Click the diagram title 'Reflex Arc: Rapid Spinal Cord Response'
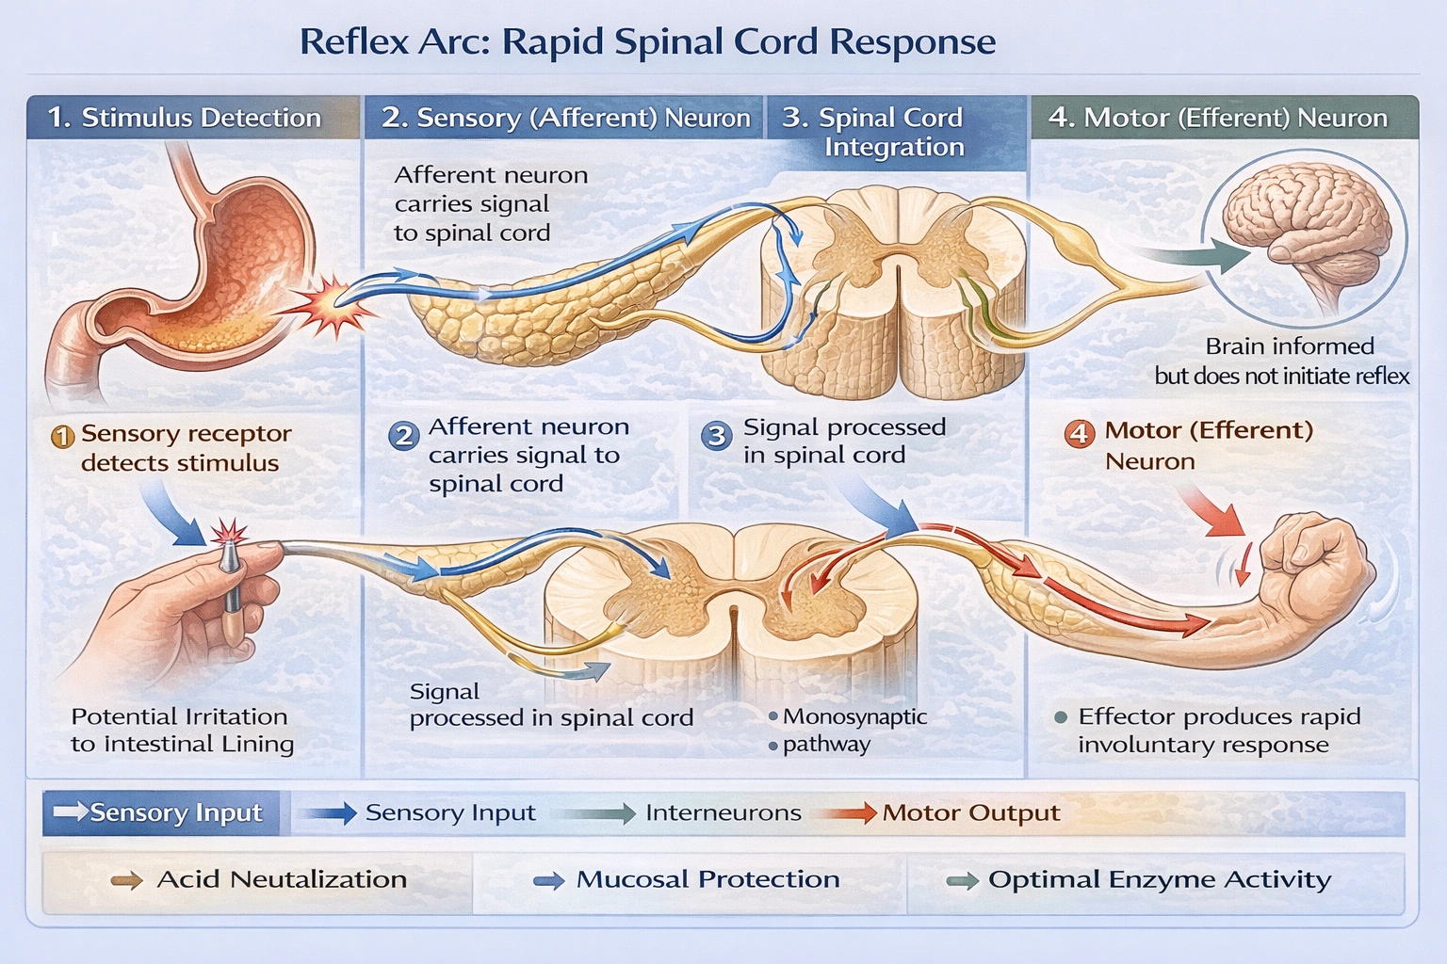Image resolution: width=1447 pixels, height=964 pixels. (647, 42)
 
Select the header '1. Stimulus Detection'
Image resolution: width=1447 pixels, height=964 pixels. (185, 118)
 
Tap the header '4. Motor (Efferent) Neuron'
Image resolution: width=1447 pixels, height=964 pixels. (1218, 118)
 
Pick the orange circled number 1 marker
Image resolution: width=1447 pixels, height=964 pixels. (63, 437)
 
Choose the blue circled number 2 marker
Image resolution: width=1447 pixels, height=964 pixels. (404, 436)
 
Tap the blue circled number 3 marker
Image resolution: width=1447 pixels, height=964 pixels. (717, 436)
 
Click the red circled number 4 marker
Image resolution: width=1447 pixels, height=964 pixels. (1079, 433)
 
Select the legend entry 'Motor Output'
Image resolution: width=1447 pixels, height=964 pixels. (970, 812)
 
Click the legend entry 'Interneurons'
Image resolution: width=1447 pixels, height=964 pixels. (723, 812)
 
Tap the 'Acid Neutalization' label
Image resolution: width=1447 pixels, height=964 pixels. (281, 879)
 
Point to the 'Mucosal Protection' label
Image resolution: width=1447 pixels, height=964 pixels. (707, 879)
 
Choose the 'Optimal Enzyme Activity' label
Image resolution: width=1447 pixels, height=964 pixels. (1159, 879)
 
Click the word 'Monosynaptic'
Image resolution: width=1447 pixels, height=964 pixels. (854, 716)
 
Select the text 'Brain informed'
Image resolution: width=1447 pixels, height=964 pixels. (1289, 346)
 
